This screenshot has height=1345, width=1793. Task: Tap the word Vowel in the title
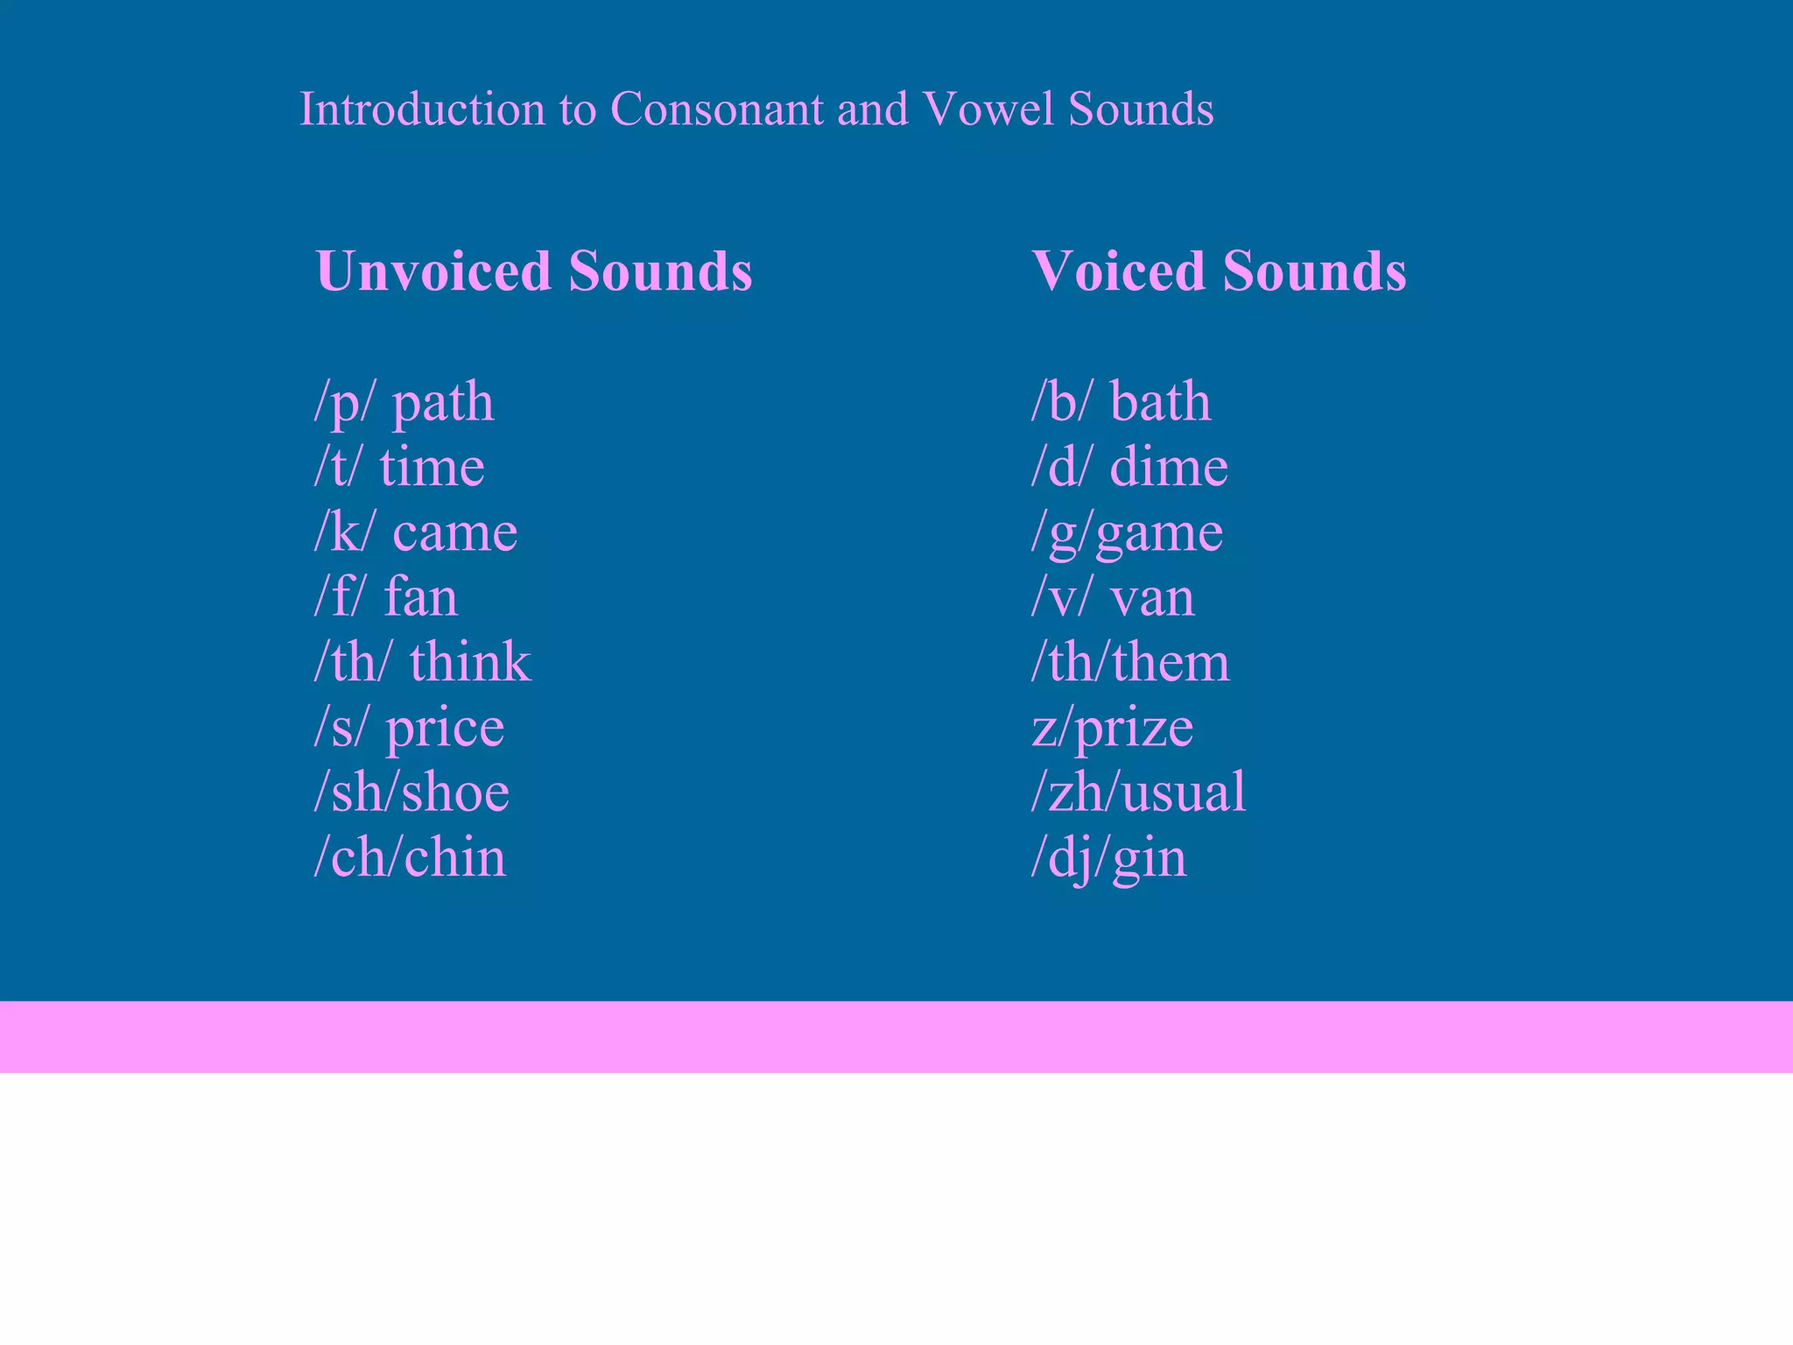tap(988, 109)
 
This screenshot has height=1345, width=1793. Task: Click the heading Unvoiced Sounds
tap(533, 271)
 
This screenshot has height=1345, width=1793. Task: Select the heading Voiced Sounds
tap(1219, 271)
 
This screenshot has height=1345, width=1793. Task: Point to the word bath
tap(1160, 403)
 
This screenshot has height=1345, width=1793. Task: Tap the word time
tap(432, 467)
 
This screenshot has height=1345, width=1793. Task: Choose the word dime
tap(1168, 467)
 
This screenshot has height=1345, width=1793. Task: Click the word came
tap(454, 532)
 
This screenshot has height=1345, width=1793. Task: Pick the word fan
tap(420, 597)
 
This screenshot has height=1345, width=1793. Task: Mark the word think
tap(469, 662)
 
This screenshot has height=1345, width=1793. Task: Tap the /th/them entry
tap(1129, 662)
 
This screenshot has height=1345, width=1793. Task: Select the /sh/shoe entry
tap(411, 792)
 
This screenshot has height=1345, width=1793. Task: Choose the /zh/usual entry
tap(1138, 792)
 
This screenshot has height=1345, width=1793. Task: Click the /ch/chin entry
tap(410, 857)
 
